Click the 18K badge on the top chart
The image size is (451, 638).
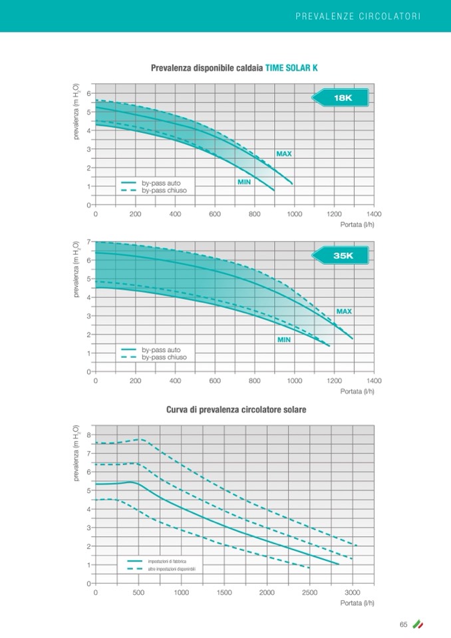[342, 98]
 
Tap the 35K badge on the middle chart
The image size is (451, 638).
[342, 255]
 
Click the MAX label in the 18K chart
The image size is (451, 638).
[284, 154]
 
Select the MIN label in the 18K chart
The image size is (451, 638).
[244, 182]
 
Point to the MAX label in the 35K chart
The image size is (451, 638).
[344, 311]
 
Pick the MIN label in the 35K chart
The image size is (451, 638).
[284, 339]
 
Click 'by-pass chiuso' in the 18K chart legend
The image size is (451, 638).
[164, 190]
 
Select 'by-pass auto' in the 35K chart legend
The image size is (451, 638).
[161, 349]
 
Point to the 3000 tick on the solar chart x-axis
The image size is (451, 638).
[352, 592]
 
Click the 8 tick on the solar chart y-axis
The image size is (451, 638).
[89, 435]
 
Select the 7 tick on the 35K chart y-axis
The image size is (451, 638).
[89, 241]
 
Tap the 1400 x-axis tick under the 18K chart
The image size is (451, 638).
[373, 214]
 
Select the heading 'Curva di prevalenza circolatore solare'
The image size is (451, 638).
[235, 410]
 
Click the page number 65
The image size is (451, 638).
[403, 624]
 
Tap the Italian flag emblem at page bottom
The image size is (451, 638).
[418, 624]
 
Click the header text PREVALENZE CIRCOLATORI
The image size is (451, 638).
[358, 15]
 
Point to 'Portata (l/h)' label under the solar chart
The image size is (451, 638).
[357, 603]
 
